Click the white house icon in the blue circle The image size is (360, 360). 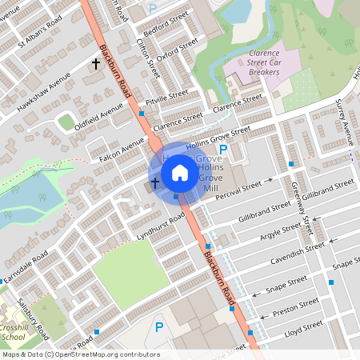[x=180, y=172]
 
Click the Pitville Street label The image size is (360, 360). [x=167, y=98]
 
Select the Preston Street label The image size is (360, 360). [x=295, y=308]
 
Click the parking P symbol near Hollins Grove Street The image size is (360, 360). [x=223, y=150]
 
